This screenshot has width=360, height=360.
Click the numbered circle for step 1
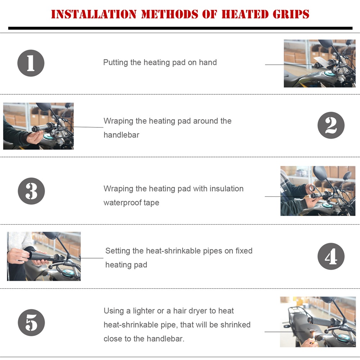point(31,63)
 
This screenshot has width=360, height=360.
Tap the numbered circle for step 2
point(331,125)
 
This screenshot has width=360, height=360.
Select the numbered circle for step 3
point(31,191)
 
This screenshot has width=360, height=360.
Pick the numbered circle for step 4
point(331,256)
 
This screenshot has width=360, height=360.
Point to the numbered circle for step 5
point(31,323)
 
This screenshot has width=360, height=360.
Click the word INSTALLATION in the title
point(94,14)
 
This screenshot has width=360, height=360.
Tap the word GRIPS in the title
point(291,14)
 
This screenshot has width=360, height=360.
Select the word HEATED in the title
point(245,14)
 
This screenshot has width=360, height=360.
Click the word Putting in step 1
point(116,62)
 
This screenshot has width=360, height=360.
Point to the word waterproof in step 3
point(122,203)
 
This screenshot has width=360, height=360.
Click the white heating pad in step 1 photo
point(321,60)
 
